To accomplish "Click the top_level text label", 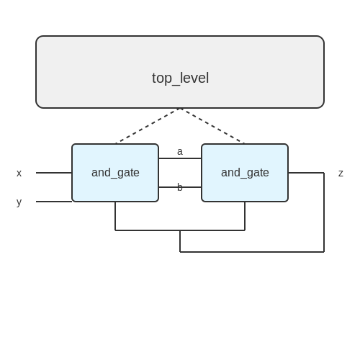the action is click(x=180, y=78).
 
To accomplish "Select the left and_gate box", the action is click(x=115, y=173).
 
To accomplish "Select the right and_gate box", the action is click(x=245, y=173).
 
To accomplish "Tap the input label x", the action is click(x=19, y=173).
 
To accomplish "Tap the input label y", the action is click(x=19, y=202).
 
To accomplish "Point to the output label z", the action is click(x=341, y=173).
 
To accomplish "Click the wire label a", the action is click(x=180, y=152).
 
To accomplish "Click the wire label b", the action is click(x=180, y=187).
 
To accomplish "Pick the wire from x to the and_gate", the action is click(x=54, y=173).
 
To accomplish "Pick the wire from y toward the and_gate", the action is click(x=54, y=202).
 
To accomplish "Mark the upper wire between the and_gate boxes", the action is click(x=180, y=158).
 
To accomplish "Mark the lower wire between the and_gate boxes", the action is click(x=180, y=187).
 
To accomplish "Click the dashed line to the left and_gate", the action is click(x=148, y=126).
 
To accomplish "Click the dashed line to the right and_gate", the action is click(x=212, y=126).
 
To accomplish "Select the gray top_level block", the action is click(x=180, y=72).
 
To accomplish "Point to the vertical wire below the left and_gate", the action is click(x=115, y=216).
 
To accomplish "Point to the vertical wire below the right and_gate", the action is click(x=245, y=216).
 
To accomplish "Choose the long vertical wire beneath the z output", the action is click(x=324, y=212).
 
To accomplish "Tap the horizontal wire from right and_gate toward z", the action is click(x=306, y=173).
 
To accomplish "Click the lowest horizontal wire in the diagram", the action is click(x=252, y=252).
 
